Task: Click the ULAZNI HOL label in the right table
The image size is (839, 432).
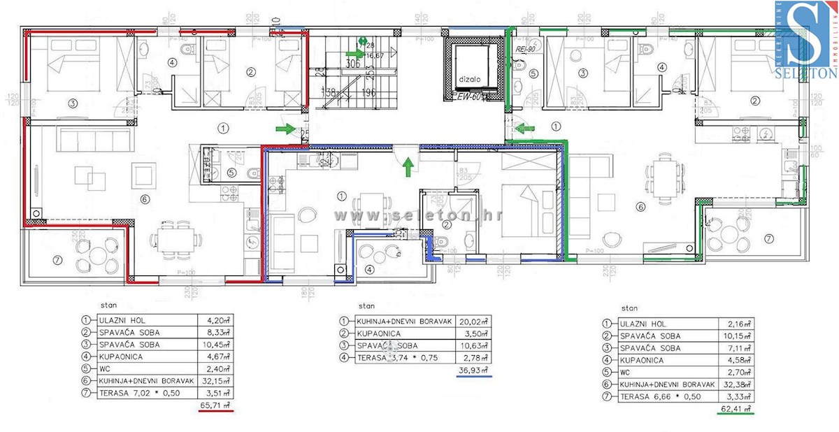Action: click(643, 324)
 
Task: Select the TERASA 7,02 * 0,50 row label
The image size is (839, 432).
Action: click(134, 392)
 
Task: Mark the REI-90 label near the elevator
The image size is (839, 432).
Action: click(524, 50)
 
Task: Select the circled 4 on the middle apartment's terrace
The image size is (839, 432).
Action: click(369, 269)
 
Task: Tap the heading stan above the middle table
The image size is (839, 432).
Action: click(366, 306)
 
